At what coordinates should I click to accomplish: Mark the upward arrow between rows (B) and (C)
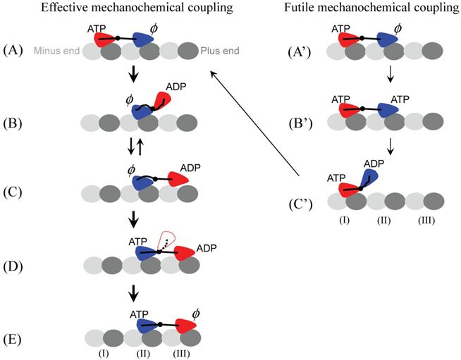(x=140, y=147)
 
